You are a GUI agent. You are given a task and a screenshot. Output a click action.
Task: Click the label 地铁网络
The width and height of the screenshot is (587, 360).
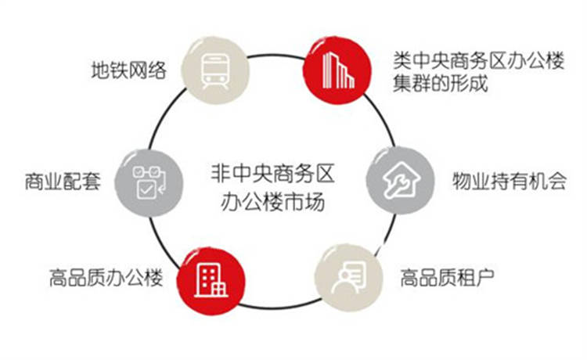129,70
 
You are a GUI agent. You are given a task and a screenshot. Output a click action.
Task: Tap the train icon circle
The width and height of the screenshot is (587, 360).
215,70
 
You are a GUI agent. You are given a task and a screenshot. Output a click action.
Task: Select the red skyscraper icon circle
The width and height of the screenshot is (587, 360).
337,70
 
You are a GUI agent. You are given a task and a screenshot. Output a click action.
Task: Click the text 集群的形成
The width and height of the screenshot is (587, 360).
441,83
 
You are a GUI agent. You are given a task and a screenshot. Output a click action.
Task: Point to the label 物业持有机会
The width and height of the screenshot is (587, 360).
510,181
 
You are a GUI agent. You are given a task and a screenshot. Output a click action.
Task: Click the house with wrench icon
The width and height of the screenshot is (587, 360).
401,180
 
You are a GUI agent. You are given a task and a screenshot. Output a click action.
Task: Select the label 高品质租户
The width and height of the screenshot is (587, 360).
447,278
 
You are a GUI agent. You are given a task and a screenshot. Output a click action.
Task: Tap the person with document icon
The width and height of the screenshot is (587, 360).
348,278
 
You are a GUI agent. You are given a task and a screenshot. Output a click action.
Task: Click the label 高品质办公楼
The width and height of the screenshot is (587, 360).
106,278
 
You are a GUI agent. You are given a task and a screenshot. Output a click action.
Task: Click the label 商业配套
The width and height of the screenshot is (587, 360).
63,182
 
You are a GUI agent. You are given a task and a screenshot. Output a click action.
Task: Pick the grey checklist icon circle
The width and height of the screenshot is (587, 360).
149,182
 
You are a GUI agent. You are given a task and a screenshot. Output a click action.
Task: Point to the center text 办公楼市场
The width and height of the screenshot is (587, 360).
272,203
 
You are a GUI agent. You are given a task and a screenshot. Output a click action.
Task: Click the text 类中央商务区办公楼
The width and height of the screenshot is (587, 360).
478,60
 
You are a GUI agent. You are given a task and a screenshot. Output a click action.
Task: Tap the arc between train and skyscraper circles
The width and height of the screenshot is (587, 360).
276,56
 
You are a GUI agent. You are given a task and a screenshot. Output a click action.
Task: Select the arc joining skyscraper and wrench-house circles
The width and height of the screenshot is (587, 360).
383,117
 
